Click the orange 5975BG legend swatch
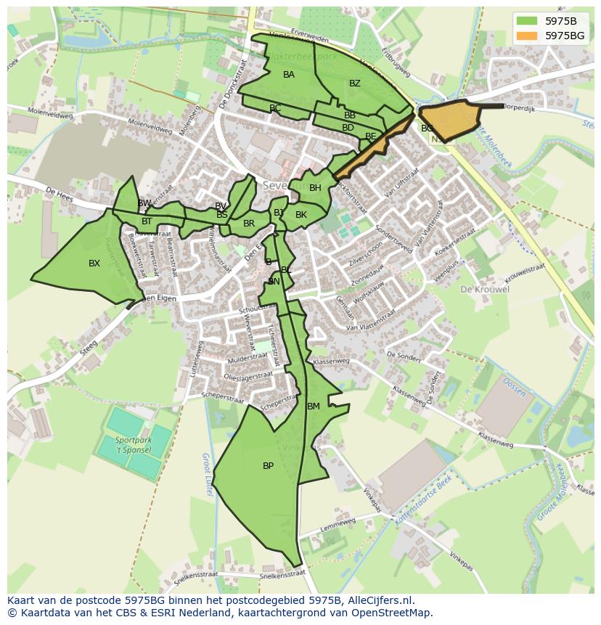coord(528,36)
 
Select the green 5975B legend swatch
coord(528,21)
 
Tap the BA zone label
coord(289,75)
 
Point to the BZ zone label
coord(354,83)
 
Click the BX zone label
coord(94,264)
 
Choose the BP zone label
coord(268,466)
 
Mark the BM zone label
coord(314,407)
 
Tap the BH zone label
coord(315,188)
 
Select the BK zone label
coord(301,215)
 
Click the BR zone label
coord(249,224)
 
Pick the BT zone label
coord(147,221)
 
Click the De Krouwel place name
coord(484,289)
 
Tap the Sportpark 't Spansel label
coord(133,445)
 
